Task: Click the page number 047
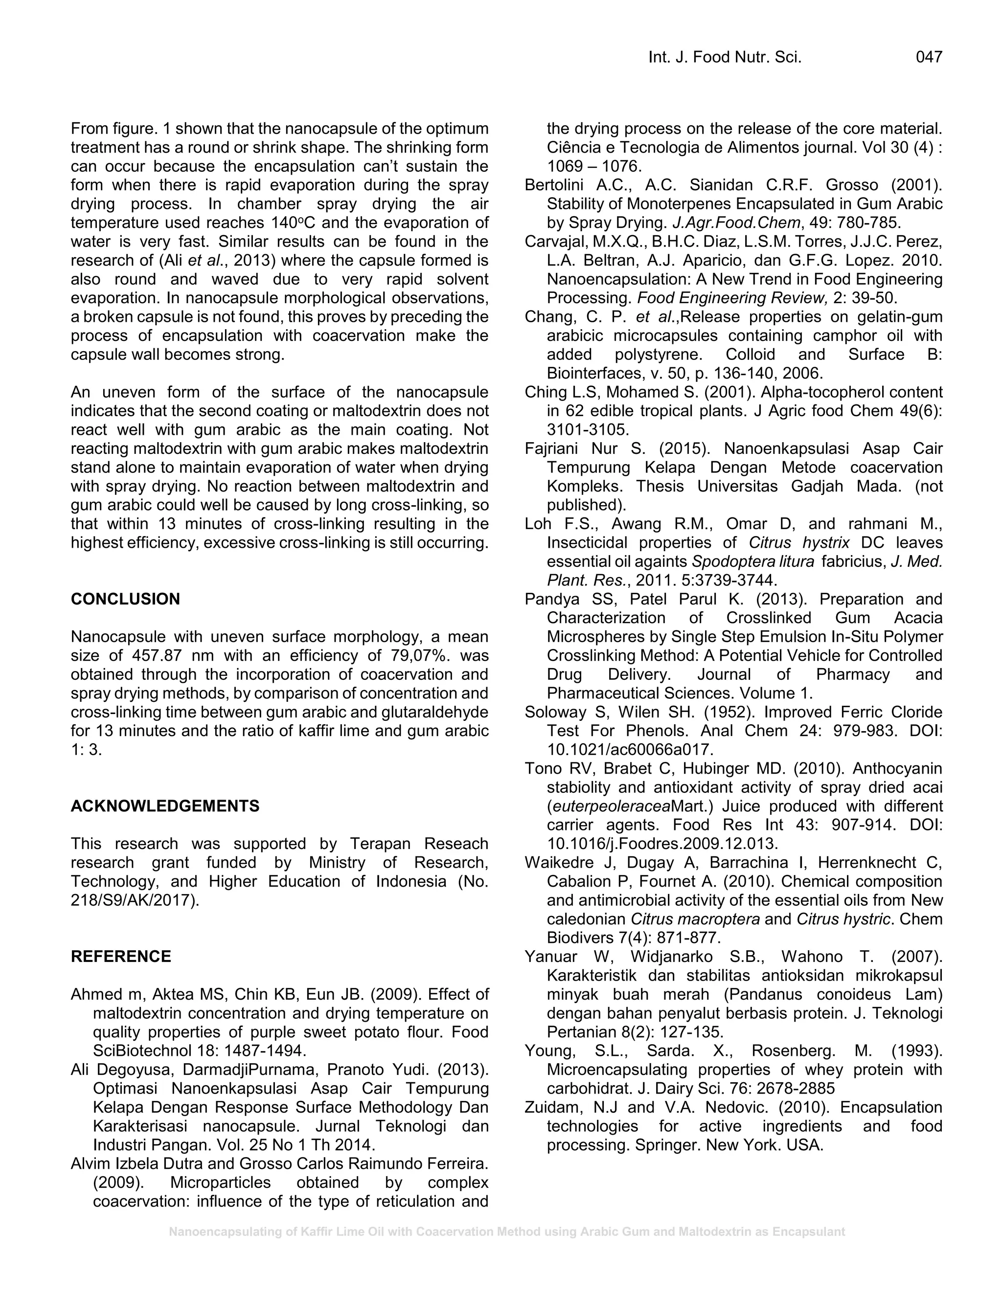pos(929,57)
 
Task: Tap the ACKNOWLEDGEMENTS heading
pos(165,806)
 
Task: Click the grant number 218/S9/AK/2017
pos(134,900)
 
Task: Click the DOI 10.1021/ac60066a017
pos(630,749)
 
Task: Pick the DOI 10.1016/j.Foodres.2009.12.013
pos(662,844)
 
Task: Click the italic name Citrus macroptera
pos(695,919)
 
